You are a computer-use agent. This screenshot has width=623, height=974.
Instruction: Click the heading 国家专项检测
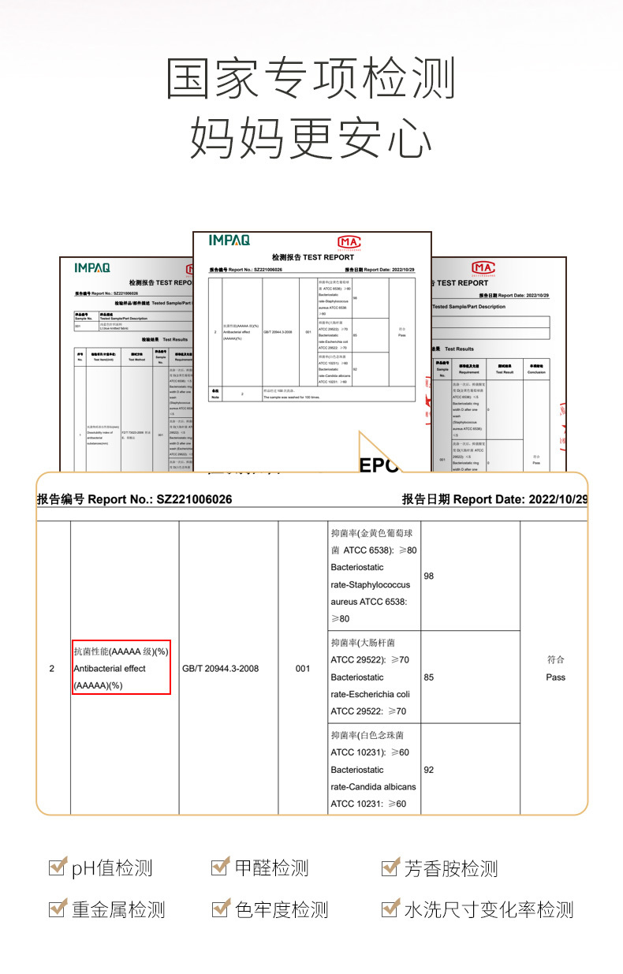pos(311,79)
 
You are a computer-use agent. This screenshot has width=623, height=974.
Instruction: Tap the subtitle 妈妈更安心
pos(311,139)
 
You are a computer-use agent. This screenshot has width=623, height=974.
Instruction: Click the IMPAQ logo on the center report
pos(230,240)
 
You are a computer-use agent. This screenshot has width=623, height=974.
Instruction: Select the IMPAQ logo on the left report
pos(92,267)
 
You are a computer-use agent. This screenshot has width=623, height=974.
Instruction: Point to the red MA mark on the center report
pos(349,241)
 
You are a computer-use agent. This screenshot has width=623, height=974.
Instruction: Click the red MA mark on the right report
pos(483,267)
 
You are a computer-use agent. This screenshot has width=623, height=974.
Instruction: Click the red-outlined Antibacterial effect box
pos(121,667)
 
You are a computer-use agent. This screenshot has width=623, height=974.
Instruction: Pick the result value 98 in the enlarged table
pos(429,576)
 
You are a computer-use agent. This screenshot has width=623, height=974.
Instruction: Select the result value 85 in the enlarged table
pos(429,677)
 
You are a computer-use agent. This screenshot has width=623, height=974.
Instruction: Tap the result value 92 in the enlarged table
pos(429,770)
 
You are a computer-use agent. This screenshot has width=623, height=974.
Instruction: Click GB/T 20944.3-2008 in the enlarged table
pos(220,669)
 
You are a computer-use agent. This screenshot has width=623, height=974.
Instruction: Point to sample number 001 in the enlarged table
pos(303,669)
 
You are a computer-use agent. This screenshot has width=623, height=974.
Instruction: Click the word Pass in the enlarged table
pos(555,677)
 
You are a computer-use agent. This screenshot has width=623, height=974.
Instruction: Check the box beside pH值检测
pos(57,868)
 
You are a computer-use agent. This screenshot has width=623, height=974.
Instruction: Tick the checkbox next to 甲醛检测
pos(220,868)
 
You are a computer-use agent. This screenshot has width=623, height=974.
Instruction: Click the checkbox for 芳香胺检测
pos(390,868)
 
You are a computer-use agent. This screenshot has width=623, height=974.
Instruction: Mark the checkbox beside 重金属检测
pos(57,909)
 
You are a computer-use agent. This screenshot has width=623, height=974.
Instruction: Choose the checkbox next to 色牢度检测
pos(220,909)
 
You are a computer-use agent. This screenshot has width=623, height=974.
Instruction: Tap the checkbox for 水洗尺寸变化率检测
pos(390,909)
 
